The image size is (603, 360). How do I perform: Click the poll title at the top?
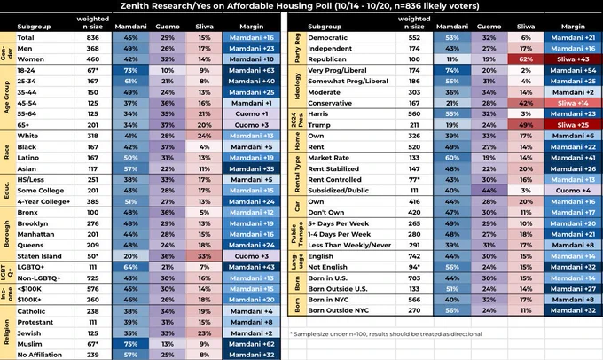coord(301,6)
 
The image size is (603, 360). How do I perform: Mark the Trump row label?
coord(321,124)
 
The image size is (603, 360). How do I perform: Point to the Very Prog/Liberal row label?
coord(341,68)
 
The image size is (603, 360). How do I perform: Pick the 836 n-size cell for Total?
coord(91,38)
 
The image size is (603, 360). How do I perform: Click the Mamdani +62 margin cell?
coord(250,342)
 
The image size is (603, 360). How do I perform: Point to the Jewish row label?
coord(31,332)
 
